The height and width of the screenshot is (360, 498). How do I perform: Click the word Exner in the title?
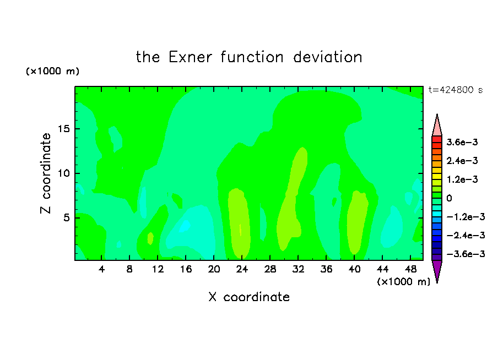(x=190, y=57)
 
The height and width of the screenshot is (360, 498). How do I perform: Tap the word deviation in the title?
(x=327, y=57)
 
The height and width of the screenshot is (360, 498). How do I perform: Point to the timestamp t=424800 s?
(x=456, y=90)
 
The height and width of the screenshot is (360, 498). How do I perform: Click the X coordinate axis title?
(x=249, y=297)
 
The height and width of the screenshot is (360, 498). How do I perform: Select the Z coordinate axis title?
(x=46, y=173)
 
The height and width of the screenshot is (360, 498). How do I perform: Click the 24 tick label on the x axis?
(x=242, y=269)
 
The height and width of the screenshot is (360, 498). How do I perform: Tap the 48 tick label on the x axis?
(x=410, y=269)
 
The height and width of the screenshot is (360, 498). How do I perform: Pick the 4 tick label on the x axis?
(x=101, y=269)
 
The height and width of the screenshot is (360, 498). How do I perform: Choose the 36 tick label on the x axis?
(x=326, y=269)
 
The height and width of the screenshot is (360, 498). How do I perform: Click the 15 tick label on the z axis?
(x=63, y=129)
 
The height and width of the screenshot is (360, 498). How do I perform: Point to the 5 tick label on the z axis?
(x=66, y=218)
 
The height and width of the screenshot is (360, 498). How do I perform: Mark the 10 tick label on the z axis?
(x=63, y=173)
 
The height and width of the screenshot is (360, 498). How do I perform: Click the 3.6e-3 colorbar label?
(x=462, y=142)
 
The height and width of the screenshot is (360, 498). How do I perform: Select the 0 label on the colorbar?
(x=449, y=198)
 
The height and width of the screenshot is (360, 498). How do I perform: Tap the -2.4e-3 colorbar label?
(x=465, y=235)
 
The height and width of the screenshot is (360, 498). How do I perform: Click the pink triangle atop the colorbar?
(x=437, y=126)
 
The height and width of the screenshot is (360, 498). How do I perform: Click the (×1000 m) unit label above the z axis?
(x=52, y=71)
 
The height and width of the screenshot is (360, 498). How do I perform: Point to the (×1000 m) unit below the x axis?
(x=403, y=282)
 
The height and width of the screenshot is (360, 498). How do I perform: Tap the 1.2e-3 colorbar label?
(x=462, y=179)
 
